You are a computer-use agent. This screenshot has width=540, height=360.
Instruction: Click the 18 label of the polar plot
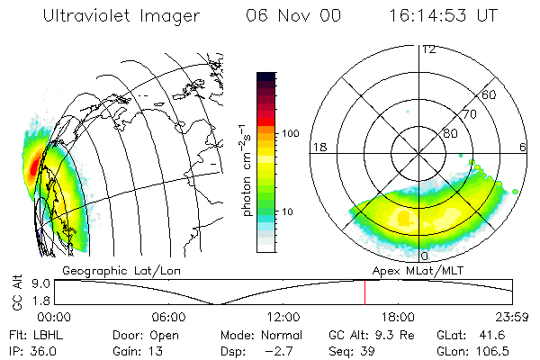319,146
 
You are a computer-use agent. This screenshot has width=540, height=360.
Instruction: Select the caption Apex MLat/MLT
416,269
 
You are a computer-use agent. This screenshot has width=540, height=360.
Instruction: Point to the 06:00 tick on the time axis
168,317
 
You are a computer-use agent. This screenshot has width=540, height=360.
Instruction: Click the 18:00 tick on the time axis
398,317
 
